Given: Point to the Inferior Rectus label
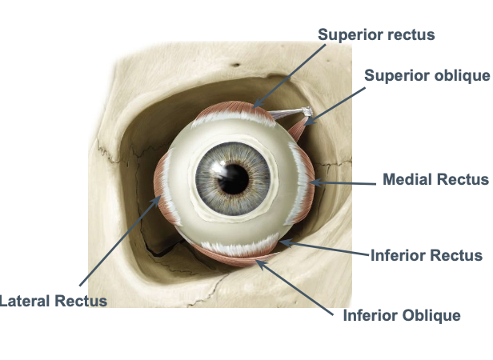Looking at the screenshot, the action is tap(427, 256).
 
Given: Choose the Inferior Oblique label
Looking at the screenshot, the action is tap(402, 315).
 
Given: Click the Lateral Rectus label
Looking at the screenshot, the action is tap(53, 301).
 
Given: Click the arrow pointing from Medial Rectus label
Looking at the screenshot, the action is tap(344, 183).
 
